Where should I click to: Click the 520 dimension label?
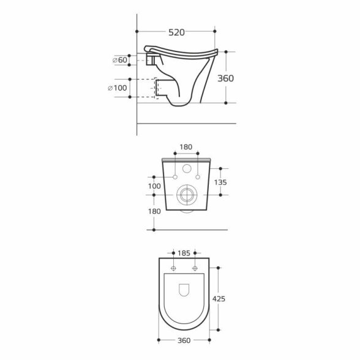176,32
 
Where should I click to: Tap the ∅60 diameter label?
119,60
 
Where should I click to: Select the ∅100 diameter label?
117,88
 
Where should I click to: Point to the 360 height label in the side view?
225,78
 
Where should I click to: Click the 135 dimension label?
220,182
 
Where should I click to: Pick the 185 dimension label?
184,253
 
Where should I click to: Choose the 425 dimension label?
219,299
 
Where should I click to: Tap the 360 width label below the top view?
184,340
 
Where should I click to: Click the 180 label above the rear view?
186,147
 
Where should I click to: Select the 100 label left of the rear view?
154,186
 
